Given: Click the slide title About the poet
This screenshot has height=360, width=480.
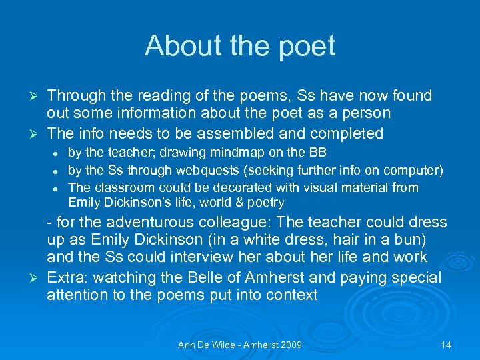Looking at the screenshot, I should [x=240, y=46].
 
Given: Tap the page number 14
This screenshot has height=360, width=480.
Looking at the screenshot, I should [x=446, y=345].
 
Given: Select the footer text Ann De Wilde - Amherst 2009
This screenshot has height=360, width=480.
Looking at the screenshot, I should [x=240, y=345].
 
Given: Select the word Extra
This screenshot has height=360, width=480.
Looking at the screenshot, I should [x=65, y=277].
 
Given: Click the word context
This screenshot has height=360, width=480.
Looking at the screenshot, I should [x=291, y=295].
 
